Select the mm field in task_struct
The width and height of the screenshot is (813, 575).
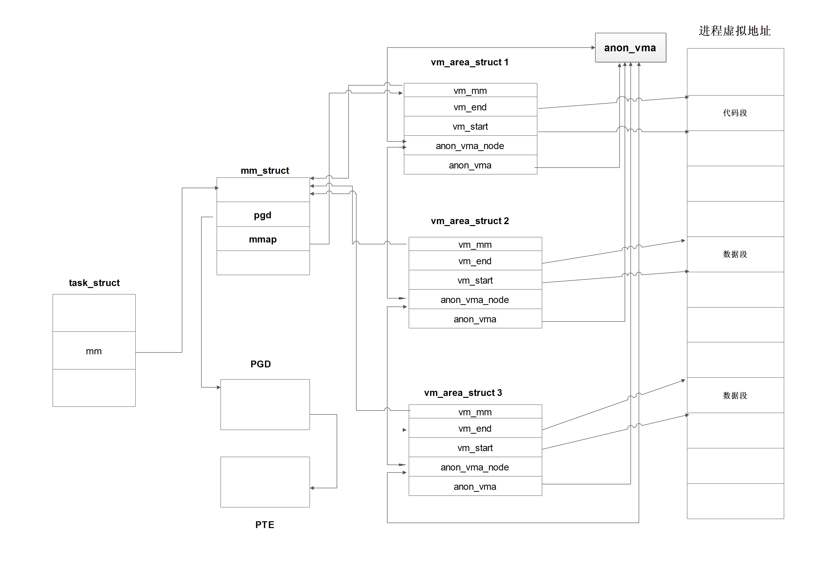94,351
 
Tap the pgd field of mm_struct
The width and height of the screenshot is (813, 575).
263,215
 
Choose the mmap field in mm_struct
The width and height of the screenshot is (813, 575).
263,239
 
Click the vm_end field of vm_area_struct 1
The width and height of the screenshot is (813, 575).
470,107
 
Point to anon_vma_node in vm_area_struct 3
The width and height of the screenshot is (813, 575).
475,467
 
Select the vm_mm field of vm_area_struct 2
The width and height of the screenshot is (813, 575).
475,245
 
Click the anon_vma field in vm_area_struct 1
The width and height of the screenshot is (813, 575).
470,165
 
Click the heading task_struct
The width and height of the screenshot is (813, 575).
94,283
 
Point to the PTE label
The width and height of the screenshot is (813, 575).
264,524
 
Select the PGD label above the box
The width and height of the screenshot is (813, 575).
261,364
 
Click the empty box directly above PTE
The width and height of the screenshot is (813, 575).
265,482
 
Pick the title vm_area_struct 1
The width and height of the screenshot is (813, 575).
469,62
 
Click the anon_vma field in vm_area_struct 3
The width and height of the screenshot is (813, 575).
475,486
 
